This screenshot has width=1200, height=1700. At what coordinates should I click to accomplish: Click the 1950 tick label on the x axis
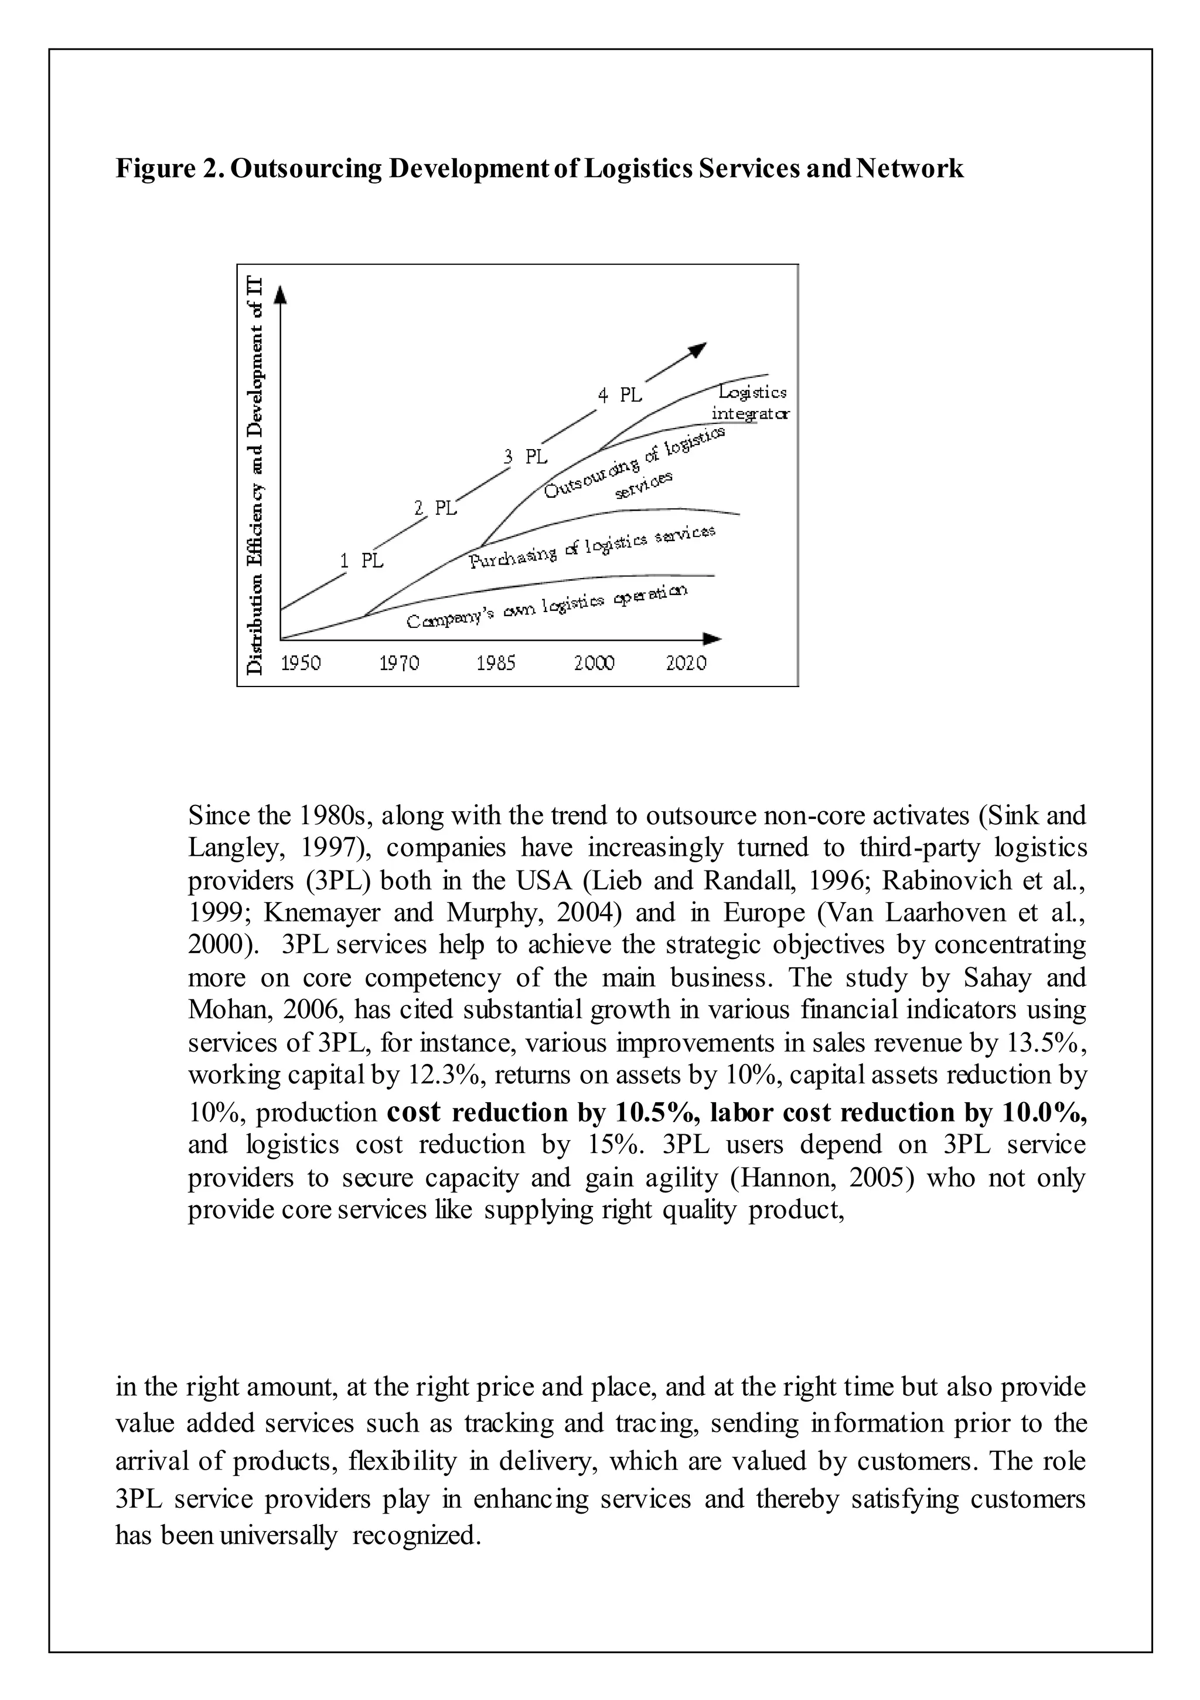[x=301, y=662]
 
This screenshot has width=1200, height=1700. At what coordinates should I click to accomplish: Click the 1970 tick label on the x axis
[x=399, y=662]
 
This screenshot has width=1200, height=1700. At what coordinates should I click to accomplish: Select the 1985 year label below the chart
[x=496, y=662]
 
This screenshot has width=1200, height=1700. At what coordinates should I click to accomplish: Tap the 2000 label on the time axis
[x=594, y=662]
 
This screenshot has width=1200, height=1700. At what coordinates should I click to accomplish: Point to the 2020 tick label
[x=686, y=662]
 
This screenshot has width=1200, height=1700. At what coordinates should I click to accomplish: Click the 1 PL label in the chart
[x=362, y=561]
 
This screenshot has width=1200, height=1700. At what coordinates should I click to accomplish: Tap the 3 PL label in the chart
[x=526, y=457]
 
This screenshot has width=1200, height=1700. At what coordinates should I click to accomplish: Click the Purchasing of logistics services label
[x=592, y=546]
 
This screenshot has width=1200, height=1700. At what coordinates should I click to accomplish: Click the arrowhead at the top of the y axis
[x=280, y=295]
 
